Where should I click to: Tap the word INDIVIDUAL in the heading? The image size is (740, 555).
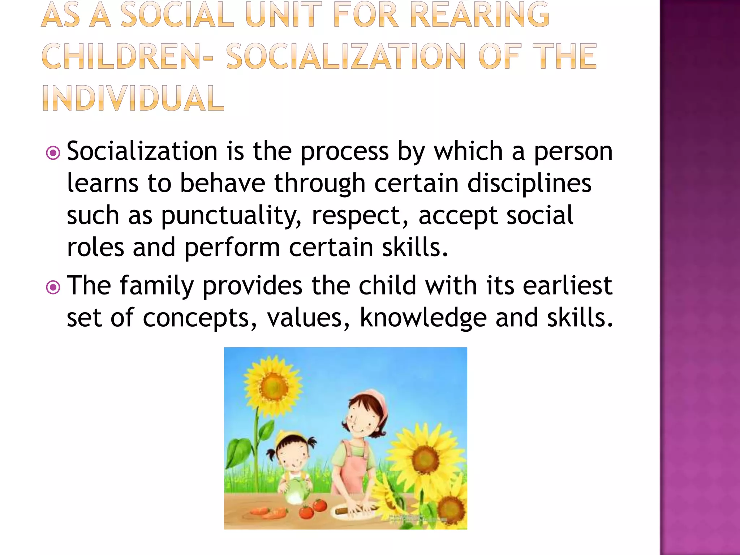coord(133,98)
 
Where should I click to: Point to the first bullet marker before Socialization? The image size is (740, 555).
coord(53,153)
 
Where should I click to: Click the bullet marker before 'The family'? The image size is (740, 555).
coord(53,288)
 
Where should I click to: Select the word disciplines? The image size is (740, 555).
coord(529,184)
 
